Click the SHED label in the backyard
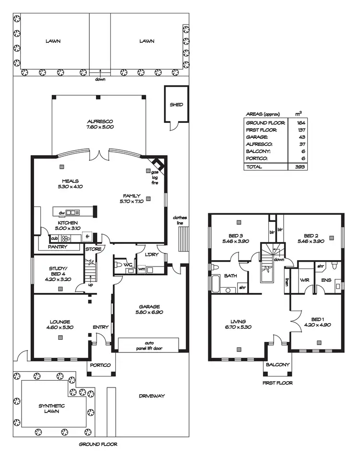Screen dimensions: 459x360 coord(176,105)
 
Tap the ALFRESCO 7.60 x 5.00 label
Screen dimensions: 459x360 coord(99,124)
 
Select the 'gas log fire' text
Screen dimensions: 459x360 coord(155,176)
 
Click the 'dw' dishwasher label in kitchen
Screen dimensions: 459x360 coord(61,213)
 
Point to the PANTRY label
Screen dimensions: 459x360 coord(57,247)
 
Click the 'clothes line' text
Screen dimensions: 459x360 coord(180,220)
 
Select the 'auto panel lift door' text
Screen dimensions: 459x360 coord(148,346)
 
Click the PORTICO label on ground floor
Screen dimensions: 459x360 coord(101,365)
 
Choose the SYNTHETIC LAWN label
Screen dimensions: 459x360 coord(51,409)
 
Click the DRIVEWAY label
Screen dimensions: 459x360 coord(152,396)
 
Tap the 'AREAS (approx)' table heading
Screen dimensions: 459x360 coord(262,114)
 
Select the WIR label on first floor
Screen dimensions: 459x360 coord(304,279)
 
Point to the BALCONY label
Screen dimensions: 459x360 coord(278,365)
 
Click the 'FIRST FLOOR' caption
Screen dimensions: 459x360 coord(278,383)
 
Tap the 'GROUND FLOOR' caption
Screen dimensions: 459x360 coord(98,444)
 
